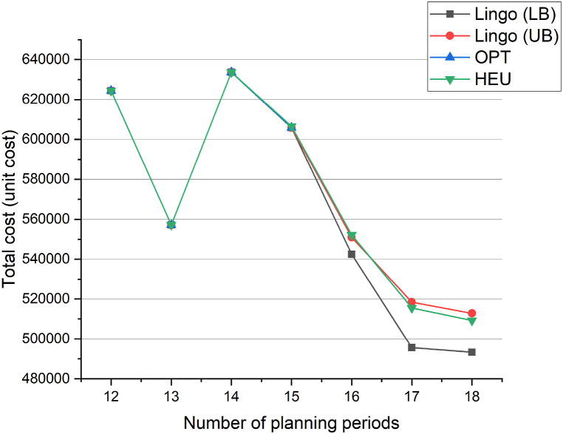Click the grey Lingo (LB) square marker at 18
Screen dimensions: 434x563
click(x=471, y=352)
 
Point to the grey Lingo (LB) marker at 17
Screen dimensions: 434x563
click(x=412, y=347)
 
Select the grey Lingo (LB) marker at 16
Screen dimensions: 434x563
click(x=352, y=254)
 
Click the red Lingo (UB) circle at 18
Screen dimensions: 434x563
click(x=471, y=313)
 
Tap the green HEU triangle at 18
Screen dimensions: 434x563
click(x=471, y=321)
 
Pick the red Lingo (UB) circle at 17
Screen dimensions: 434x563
click(x=412, y=302)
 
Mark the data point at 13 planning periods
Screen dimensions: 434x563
click(x=171, y=224)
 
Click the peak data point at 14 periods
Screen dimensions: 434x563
click(x=231, y=72)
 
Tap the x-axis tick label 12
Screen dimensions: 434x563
click(x=111, y=395)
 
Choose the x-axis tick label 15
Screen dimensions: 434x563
click(x=291, y=395)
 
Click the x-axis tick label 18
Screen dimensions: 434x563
click(x=471, y=395)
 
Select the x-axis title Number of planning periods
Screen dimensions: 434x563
click(x=291, y=423)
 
